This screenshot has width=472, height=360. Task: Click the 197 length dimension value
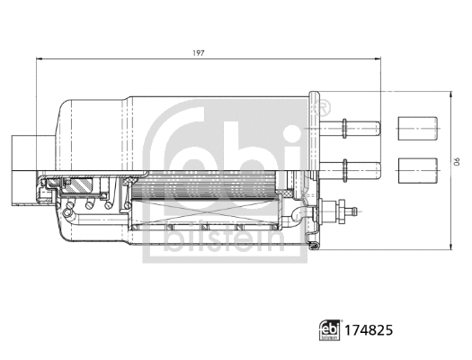(199, 53)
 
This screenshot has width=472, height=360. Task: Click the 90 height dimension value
(456, 162)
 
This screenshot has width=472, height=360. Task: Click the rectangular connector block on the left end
(21, 154)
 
